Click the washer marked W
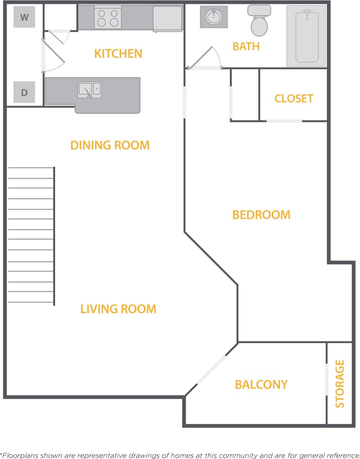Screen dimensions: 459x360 pyautogui.click(x=24, y=17)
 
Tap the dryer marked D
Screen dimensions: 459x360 pyautogui.click(x=24, y=92)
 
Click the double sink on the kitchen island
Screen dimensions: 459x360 pyautogui.click(x=90, y=89)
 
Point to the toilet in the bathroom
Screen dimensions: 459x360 pyautogui.click(x=259, y=21)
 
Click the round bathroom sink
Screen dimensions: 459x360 pyautogui.click(x=214, y=17)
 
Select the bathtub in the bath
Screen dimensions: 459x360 pyautogui.click(x=307, y=36)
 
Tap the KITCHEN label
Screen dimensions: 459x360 pyautogui.click(x=118, y=53)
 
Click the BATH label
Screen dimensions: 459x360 pyautogui.click(x=246, y=46)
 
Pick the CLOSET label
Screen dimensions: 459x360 pyautogui.click(x=294, y=98)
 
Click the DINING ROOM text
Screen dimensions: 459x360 pyautogui.click(x=110, y=145)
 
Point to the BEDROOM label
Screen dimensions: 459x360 pyautogui.click(x=261, y=215)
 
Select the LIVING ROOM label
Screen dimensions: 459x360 pyautogui.click(x=118, y=308)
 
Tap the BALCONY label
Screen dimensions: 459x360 pyautogui.click(x=261, y=384)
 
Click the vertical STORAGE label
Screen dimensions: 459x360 pyautogui.click(x=339, y=384)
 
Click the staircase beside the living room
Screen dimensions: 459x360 pyautogui.click(x=31, y=235)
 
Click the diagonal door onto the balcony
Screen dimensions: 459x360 pyautogui.click(x=212, y=370)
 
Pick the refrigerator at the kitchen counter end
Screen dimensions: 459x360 pyautogui.click(x=167, y=18)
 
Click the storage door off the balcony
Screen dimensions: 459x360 pyautogui.click(x=327, y=379)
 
